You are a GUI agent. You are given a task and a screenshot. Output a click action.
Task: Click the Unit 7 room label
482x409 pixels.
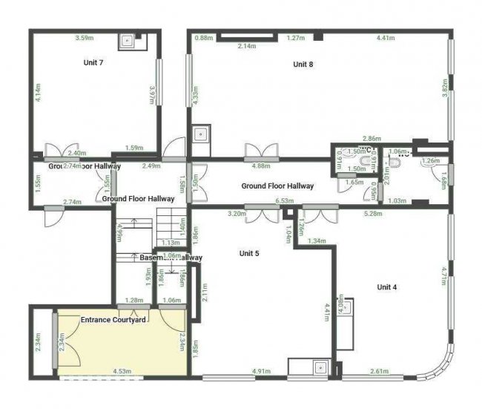click(93, 62)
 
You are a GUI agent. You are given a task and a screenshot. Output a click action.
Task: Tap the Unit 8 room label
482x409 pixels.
click(303, 65)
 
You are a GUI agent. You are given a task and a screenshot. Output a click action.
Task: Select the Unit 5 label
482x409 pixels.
click(249, 253)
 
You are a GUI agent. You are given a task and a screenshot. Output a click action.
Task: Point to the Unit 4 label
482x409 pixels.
click(387, 287)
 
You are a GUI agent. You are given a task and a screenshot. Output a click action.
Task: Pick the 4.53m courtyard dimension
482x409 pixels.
click(122, 370)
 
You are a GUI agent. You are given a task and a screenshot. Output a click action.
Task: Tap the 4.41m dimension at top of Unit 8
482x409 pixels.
click(386, 38)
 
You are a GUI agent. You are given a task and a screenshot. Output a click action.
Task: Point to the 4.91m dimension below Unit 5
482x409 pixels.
click(263, 370)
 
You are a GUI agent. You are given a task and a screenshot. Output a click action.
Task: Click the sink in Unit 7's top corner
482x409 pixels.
click(128, 41)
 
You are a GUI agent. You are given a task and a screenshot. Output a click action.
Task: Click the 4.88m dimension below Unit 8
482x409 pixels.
click(260, 166)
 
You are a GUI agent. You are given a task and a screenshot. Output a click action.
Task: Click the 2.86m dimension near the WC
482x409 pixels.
click(372, 139)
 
